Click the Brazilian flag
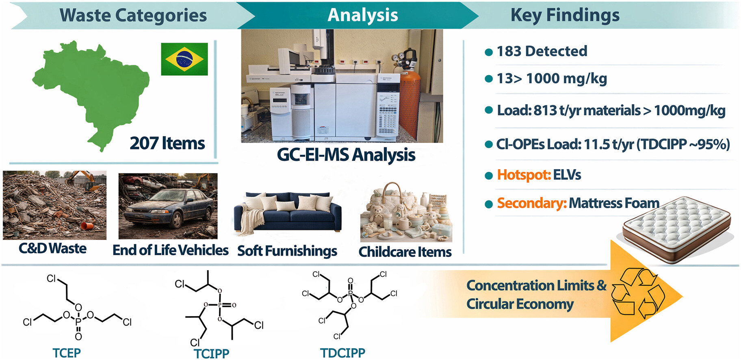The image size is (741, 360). (x=184, y=59)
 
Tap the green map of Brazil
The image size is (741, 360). (x=91, y=91)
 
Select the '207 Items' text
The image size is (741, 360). (x=167, y=143)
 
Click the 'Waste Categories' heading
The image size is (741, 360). (x=133, y=15)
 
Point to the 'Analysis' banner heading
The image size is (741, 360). (x=363, y=15)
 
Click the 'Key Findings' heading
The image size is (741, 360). (x=565, y=15)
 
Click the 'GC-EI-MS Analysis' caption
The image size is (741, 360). (x=346, y=155)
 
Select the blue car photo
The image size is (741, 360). (x=168, y=206)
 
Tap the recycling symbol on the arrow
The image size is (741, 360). (x=638, y=294)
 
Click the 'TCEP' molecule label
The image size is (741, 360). (x=67, y=353)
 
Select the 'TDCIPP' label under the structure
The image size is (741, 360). (x=342, y=353)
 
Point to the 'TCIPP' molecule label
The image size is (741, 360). (x=211, y=353)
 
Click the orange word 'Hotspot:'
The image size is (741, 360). (x=524, y=175)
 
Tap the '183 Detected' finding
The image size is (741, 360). (x=542, y=51)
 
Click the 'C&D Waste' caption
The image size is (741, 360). (x=52, y=248)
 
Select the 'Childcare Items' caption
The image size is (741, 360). (x=405, y=252)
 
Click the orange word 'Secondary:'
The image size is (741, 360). (x=532, y=203)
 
